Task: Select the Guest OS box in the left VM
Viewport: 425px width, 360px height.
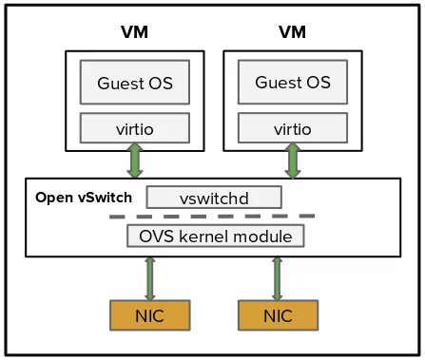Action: click(134, 83)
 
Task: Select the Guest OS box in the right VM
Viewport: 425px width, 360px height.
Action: click(292, 83)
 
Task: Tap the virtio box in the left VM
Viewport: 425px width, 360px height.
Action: click(134, 126)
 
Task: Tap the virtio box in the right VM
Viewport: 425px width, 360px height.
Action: click(292, 126)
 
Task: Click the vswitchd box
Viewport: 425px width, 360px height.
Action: click(214, 198)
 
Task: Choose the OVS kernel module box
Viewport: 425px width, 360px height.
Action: click(216, 236)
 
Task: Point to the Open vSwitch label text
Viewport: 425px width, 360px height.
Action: click(83, 198)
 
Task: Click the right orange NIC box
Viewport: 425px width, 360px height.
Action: click(278, 314)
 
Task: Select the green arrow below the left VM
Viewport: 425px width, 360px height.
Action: click(135, 161)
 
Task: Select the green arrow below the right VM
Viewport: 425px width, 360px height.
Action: click(292, 161)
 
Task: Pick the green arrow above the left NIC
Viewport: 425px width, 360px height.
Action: click(149, 277)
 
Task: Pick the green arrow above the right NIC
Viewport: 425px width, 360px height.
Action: click(277, 277)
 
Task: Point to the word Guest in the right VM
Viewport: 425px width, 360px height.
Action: click(276, 83)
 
